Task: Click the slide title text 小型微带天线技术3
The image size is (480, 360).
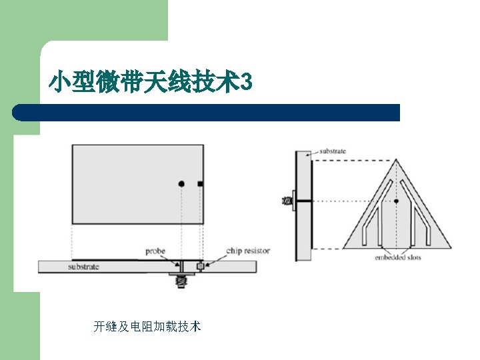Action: coord(151,83)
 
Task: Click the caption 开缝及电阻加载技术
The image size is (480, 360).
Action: coord(147,327)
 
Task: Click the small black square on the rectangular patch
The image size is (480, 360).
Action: coord(200,183)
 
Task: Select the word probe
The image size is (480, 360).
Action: coord(155,251)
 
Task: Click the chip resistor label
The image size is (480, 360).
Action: coord(248,251)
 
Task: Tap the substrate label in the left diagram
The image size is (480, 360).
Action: coord(84,267)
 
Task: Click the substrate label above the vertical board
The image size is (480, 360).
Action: coord(333,151)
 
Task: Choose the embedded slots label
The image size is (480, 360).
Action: coord(398,257)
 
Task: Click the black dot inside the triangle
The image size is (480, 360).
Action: coord(397,201)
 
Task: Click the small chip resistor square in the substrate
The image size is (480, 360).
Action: coord(199,267)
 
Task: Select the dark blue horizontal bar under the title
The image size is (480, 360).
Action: coord(207,112)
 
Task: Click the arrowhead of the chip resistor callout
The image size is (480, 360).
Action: coord(207,265)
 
